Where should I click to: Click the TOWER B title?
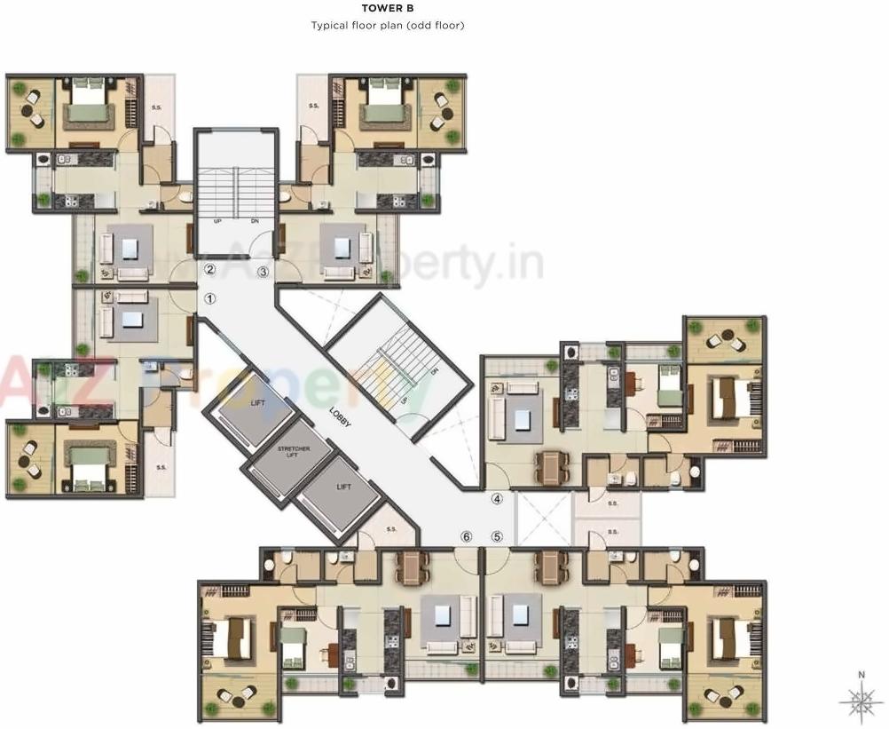[387, 8]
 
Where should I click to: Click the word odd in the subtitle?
[422, 25]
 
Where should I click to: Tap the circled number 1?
[210, 299]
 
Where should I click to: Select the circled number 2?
[210, 269]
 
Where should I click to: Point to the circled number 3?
[263, 272]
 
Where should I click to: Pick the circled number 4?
[498, 499]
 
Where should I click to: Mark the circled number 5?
[497, 536]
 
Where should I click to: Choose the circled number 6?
[467, 536]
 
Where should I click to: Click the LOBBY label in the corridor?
[341, 417]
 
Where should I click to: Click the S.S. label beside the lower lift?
[392, 531]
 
